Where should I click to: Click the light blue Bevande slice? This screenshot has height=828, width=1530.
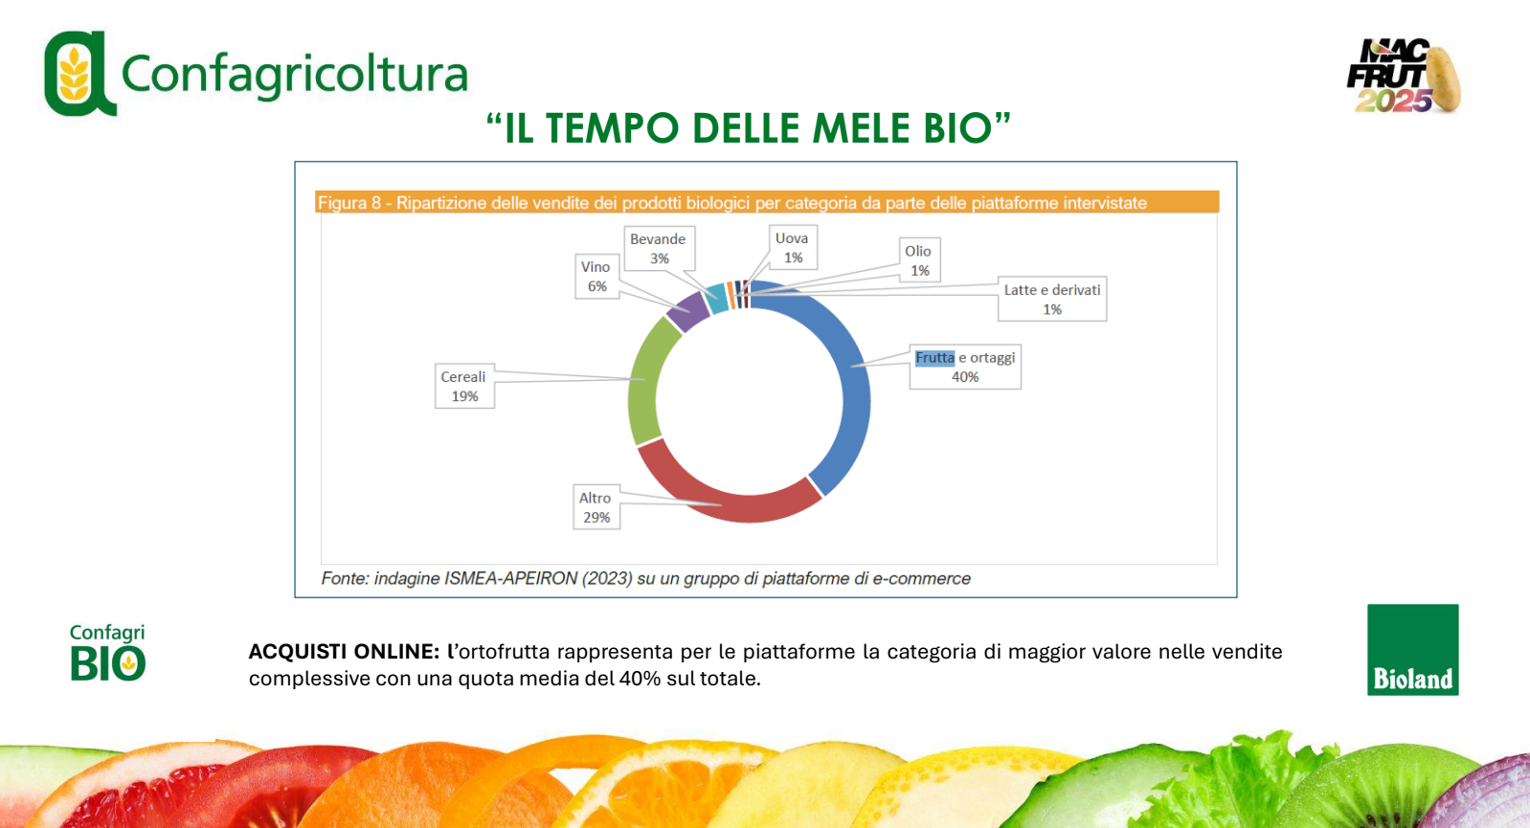pyautogui.click(x=716, y=299)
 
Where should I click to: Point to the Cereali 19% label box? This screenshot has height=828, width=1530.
pyautogui.click(x=464, y=387)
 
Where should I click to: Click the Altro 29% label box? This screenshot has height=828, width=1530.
pyautogui.click(x=596, y=507)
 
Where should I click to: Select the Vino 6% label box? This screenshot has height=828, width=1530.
pyautogui.click(x=597, y=277)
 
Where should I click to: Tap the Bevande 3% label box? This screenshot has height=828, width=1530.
pyautogui.click(x=659, y=249)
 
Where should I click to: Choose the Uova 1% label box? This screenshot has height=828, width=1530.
pyautogui.click(x=793, y=248)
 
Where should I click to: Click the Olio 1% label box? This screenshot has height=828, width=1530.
pyautogui.click(x=919, y=260)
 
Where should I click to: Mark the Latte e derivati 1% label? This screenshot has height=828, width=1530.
pyautogui.click(x=1052, y=299)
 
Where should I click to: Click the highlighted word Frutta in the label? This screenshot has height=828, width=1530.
pyautogui.click(x=934, y=358)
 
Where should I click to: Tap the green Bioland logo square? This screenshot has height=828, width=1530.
pyautogui.click(x=1412, y=650)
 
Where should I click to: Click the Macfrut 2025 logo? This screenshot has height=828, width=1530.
pyautogui.click(x=1404, y=76)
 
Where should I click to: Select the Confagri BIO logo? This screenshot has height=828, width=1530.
pyautogui.click(x=108, y=653)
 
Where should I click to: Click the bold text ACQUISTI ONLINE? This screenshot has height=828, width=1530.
pyautogui.click(x=344, y=652)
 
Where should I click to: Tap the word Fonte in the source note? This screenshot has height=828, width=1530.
pyautogui.click(x=345, y=579)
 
